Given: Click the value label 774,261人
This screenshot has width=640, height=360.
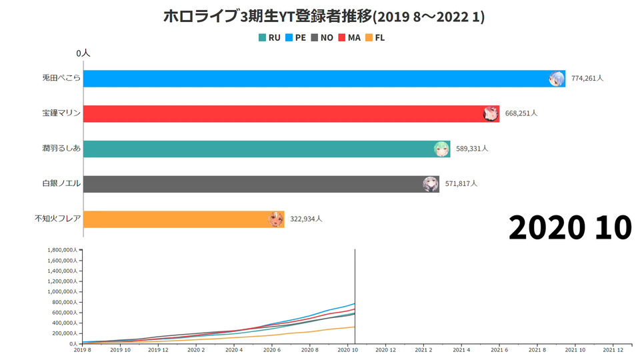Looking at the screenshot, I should point(587,79).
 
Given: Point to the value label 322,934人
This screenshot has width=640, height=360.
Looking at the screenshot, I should point(306,219).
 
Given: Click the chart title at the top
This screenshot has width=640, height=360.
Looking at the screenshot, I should point(324,17).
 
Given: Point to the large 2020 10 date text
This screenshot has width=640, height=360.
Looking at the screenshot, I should point(570,228).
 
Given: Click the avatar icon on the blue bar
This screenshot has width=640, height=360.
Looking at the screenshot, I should point(557,79).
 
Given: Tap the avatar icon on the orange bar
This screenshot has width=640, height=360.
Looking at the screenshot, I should point(276,219).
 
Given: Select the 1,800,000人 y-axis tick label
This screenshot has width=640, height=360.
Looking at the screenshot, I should point(63,250).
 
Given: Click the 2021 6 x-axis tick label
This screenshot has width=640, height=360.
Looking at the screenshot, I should point(499,349).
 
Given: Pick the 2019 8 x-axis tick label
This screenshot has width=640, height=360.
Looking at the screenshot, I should point(83,349).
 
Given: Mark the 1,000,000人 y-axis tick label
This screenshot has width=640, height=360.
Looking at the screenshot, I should point(63,291).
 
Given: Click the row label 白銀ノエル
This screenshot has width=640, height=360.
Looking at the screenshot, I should point(61,184).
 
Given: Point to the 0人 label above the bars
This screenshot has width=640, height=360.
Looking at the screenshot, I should point(83,52).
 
